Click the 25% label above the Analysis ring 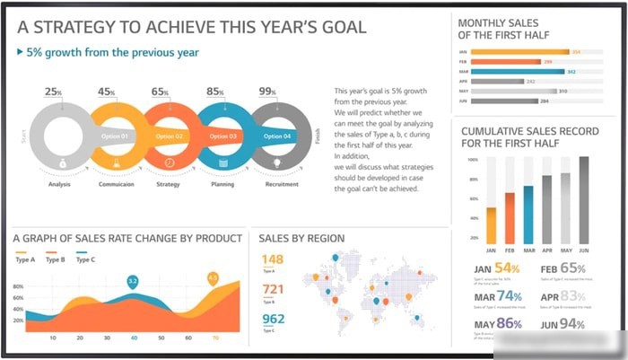54,92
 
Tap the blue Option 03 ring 222,136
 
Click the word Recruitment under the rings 282,185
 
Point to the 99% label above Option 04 267,92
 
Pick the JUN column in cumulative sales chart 584,198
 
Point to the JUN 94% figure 563,323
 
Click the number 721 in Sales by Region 273,289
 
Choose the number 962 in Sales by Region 273,319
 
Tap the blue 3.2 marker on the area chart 133,282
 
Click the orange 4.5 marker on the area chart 213,278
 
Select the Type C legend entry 86,259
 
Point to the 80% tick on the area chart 18,287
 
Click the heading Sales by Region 301,238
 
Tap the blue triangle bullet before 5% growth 21,52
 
